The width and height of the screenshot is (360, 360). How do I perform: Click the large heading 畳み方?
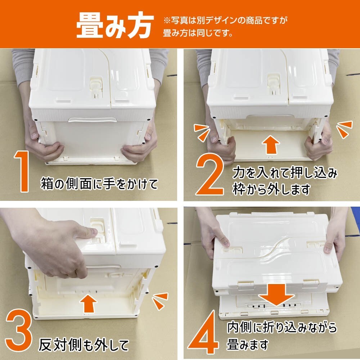[115, 25]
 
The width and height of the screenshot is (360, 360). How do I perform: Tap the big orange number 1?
[22, 171]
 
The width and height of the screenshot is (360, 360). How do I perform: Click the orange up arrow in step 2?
[271, 145]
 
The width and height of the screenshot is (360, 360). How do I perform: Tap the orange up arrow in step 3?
[89, 303]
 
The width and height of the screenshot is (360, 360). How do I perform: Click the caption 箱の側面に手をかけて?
[99, 184]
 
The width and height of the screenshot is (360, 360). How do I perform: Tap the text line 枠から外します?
[271, 190]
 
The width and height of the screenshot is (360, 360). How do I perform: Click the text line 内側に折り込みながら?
[282, 327]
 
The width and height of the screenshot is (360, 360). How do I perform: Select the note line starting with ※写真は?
[225, 21]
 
